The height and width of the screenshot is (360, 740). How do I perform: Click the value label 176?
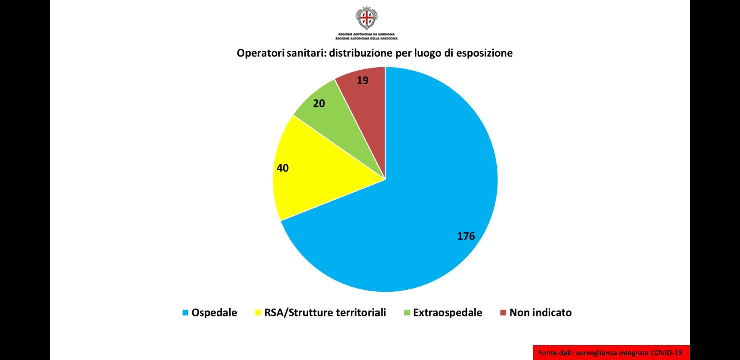click(466, 236)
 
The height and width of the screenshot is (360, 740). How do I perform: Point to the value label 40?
click(283, 168)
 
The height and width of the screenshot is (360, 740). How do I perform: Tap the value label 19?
click(363, 80)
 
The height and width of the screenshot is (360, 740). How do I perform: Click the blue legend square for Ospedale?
click(185, 313)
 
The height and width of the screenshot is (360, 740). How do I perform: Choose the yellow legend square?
click(258, 313)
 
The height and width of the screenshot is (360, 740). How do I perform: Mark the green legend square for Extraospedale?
click(407, 313)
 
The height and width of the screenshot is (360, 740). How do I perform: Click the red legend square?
click(503, 313)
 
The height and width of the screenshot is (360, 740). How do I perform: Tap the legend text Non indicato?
click(540, 313)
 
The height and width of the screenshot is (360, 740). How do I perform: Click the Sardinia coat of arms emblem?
click(366, 18)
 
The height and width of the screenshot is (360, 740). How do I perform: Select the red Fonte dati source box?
click(611, 352)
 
